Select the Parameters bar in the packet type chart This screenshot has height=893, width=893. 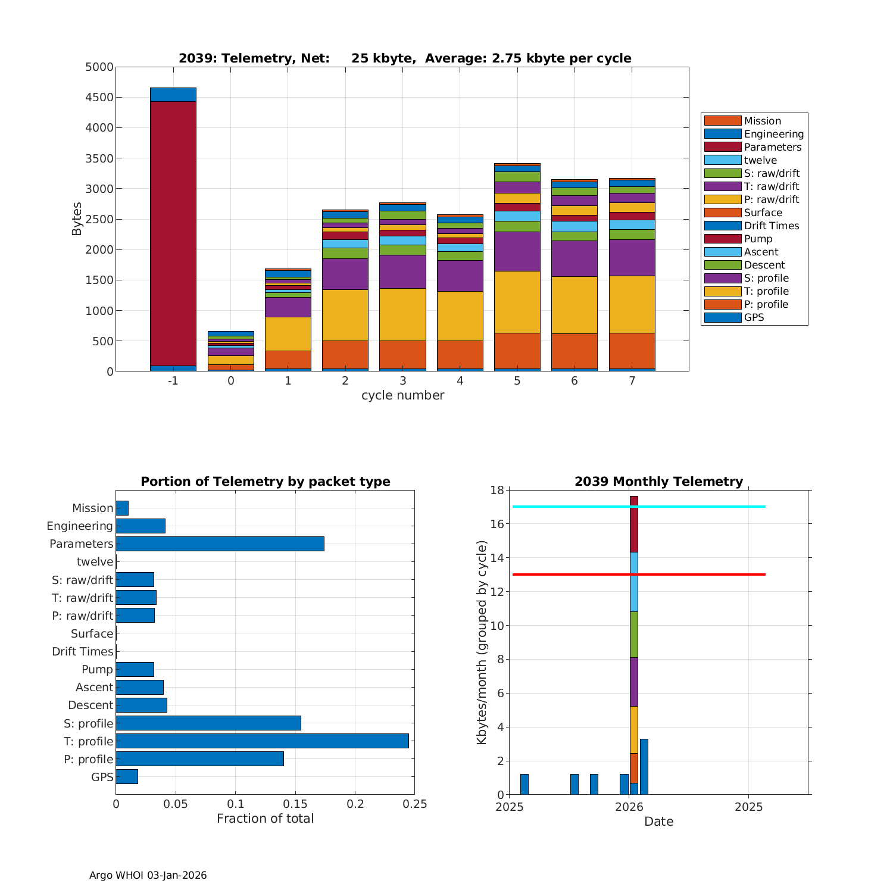tap(220, 544)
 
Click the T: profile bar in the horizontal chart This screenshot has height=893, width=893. tap(262, 741)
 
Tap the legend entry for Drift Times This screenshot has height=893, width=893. tap(772, 226)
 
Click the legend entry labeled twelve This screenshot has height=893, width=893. tap(760, 160)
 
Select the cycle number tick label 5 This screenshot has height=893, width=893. tap(517, 380)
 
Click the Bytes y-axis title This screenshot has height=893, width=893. tap(77, 219)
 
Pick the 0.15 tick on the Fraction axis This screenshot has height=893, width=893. tap(295, 804)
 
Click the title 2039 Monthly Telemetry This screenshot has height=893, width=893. tap(658, 482)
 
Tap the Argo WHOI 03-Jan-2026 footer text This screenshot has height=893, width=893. tap(148, 875)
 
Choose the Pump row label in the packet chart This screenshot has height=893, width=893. tap(97, 669)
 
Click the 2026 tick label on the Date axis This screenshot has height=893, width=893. tap(629, 807)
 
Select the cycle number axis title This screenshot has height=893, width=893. tap(402, 395)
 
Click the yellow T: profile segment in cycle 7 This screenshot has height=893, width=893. tap(632, 304)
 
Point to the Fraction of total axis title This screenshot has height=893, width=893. tap(265, 819)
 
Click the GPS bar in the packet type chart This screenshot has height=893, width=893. tap(127, 776)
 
